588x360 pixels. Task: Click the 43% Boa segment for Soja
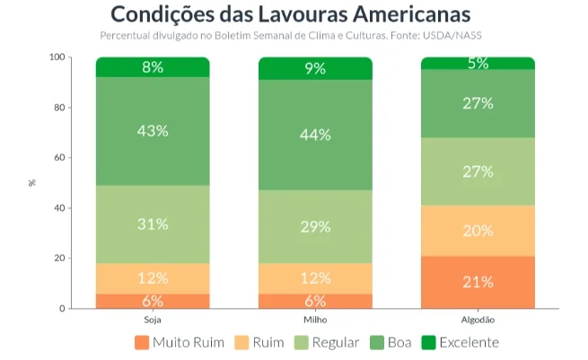coord(153,131)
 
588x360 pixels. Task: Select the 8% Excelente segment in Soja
coord(153,67)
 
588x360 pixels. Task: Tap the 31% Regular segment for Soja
coord(153,224)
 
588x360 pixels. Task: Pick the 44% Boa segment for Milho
coord(315,135)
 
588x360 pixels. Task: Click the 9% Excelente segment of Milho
coord(315,68)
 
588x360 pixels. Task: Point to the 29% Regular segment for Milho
coord(315,226)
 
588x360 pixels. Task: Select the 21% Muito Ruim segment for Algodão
coord(478,282)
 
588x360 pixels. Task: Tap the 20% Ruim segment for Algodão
coord(478,231)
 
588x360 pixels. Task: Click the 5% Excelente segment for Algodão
coord(478,63)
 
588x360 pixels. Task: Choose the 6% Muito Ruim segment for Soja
coord(153,301)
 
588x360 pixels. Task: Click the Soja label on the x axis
coord(153,320)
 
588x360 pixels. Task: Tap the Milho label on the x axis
coord(315,320)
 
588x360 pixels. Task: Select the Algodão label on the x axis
coord(478,320)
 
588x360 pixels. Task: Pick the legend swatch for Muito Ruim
coord(141,342)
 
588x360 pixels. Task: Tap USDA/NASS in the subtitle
coord(460,35)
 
